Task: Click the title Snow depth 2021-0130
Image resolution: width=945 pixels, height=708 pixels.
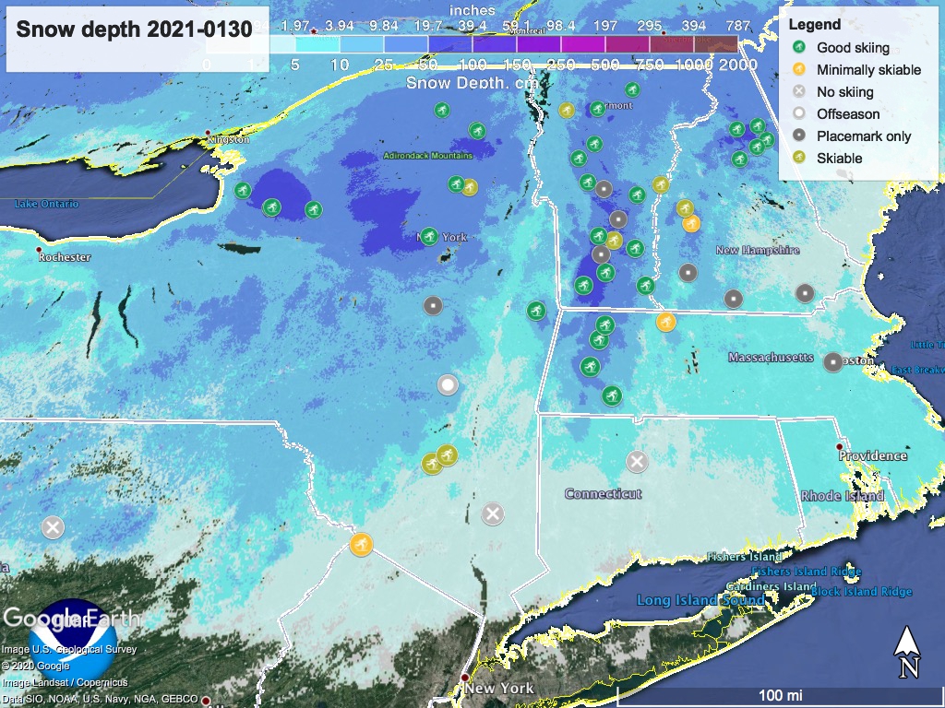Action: (x=134, y=29)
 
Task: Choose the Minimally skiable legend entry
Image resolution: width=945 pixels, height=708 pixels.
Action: (x=868, y=69)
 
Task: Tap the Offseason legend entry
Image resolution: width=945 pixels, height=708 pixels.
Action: (x=847, y=113)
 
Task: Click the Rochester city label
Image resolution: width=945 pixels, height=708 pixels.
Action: (x=64, y=257)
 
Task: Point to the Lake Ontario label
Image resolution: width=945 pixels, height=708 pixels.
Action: (x=46, y=204)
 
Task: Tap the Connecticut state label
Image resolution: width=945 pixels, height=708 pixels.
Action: (x=603, y=494)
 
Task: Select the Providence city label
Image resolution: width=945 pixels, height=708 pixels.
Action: (x=873, y=455)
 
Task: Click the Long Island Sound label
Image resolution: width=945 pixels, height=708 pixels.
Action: (x=700, y=600)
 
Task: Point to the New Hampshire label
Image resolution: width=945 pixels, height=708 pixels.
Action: (x=757, y=250)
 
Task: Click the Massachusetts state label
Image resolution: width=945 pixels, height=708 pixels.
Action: (x=771, y=357)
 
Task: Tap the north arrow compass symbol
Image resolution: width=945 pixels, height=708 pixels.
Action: (x=907, y=652)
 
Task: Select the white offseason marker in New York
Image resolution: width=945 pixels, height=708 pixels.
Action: (x=448, y=385)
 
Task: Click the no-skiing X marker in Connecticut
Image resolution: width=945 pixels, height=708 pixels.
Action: (x=636, y=461)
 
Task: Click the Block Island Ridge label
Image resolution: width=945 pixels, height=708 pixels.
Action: (x=862, y=592)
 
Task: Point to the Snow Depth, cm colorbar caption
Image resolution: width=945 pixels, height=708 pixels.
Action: (x=458, y=82)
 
